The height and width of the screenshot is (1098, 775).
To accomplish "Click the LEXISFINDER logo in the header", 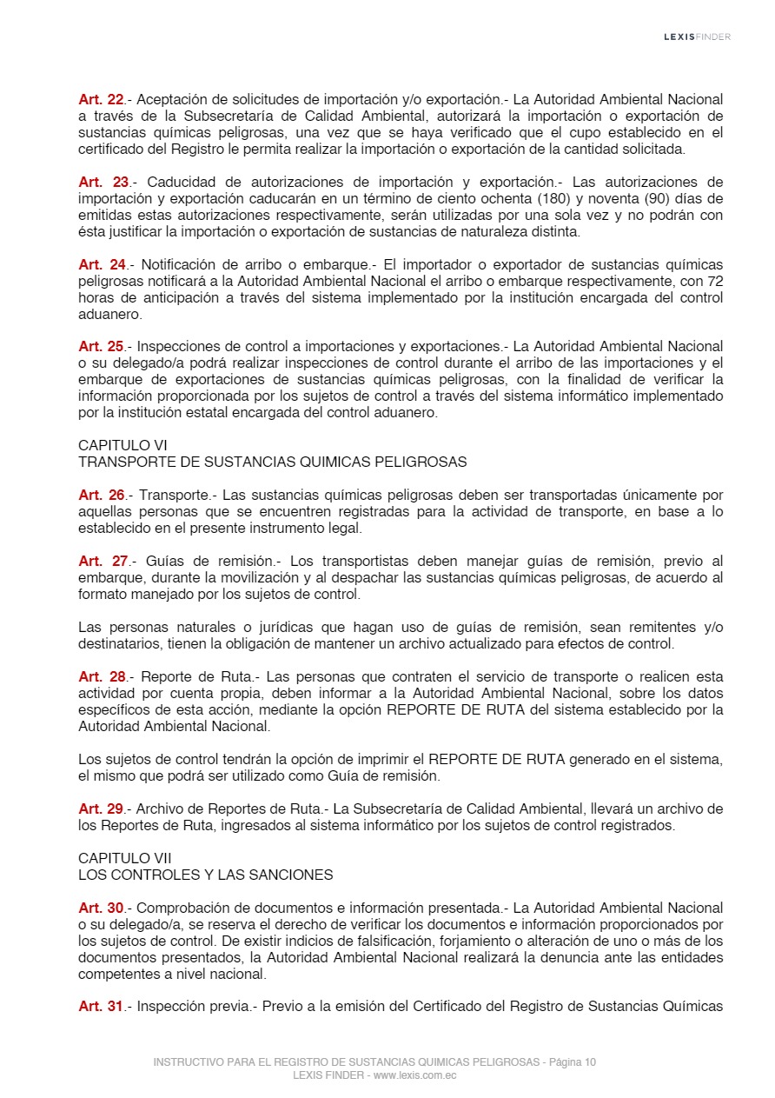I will [x=697, y=37].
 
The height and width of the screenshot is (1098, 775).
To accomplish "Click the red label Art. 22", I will [x=102, y=99].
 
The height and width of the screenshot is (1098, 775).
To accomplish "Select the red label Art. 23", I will [x=103, y=182].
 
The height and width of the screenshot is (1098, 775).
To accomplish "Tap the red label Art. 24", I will [x=103, y=264].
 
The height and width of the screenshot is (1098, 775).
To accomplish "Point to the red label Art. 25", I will [x=102, y=347].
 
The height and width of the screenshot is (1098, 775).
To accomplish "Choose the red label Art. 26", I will [x=102, y=495].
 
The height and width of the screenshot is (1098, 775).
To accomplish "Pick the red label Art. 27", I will [x=103, y=561].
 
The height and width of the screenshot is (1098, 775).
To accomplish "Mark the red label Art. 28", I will [x=103, y=676].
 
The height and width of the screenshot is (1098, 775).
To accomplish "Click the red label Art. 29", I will [x=102, y=809].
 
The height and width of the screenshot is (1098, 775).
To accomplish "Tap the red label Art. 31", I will [x=102, y=1006].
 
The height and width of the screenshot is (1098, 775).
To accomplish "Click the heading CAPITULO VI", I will [x=115, y=445].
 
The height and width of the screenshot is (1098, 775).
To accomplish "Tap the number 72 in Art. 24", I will [x=714, y=281].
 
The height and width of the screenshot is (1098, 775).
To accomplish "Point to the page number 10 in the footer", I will [x=590, y=1062].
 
